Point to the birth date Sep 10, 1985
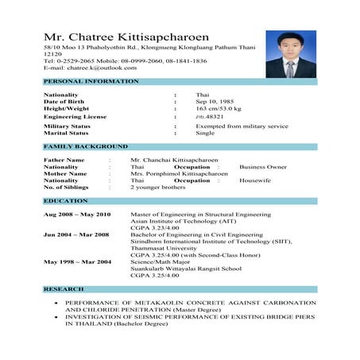215,102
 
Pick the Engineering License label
75,117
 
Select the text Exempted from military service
242,126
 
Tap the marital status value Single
205,133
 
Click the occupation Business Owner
263,168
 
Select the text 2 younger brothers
159,188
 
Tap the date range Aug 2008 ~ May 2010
77,215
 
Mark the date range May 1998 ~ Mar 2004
77,261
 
